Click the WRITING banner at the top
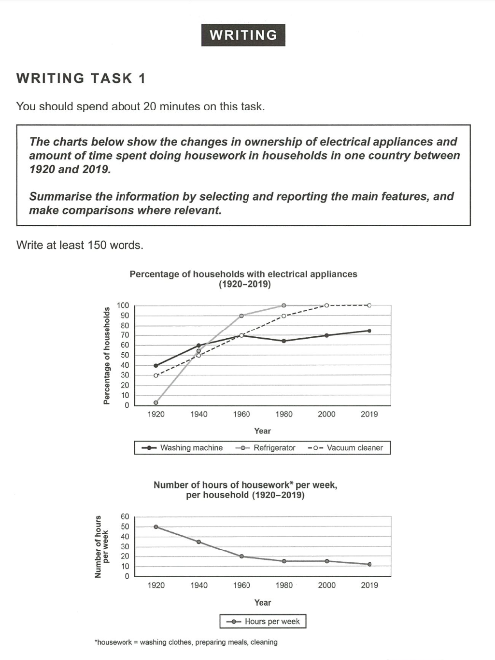click(243, 35)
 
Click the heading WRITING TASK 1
click(81, 78)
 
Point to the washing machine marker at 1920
click(156, 365)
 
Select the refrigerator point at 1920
click(156, 402)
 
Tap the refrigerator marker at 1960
click(242, 316)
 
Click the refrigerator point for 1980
click(284, 305)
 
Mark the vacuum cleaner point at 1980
click(284, 316)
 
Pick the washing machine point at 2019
click(369, 330)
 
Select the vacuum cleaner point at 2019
click(369, 305)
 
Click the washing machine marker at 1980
click(284, 341)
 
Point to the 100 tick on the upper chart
click(123, 305)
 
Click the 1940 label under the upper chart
click(199, 414)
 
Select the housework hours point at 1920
click(156, 526)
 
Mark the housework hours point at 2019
click(369, 564)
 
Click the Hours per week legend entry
click(263, 621)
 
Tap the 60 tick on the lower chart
click(124, 517)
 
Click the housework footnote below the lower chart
click(186, 642)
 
